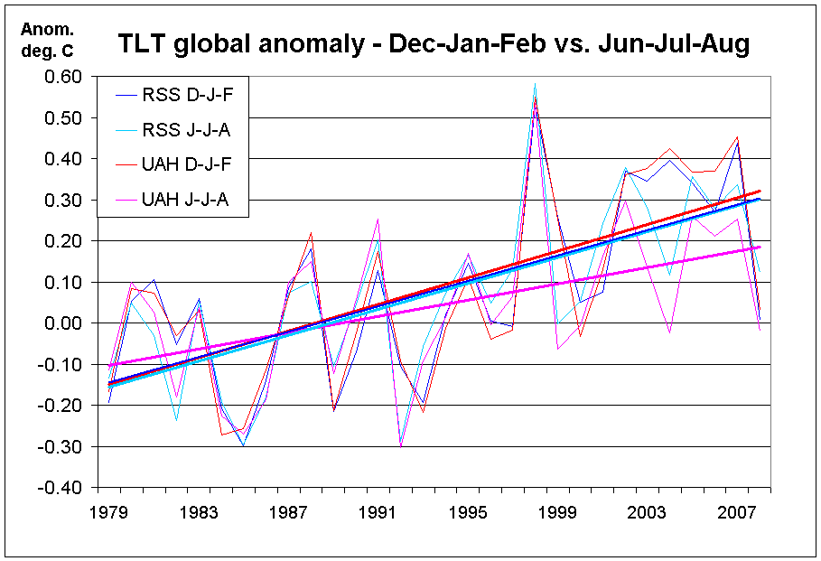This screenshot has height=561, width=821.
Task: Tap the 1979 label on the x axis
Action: coord(113,512)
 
